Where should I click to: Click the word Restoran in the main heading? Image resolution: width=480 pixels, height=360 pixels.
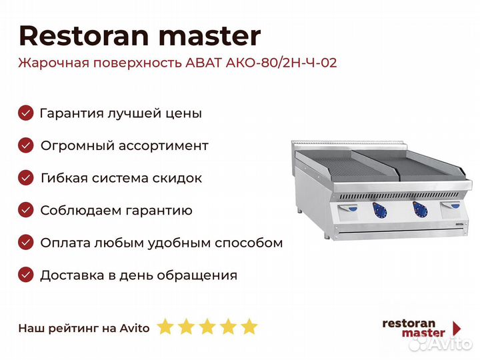tap(84, 36)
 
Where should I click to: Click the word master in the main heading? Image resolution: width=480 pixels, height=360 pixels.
tap(210, 37)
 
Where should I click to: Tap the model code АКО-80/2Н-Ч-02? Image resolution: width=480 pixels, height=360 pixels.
tap(281, 63)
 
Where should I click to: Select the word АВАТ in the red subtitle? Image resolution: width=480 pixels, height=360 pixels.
tap(203, 63)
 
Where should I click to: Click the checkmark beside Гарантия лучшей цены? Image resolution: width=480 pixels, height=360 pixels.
tap(26, 113)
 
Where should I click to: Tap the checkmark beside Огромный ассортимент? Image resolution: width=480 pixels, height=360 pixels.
tap(26, 145)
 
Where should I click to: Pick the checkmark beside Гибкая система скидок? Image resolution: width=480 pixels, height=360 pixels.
tap(26, 178)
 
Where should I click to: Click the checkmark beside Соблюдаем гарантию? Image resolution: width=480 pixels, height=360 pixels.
tap(26, 210)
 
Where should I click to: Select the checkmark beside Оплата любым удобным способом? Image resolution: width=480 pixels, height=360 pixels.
tap(26, 243)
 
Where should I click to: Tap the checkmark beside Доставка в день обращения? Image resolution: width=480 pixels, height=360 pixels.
tap(26, 275)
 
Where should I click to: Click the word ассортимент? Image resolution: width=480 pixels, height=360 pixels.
tap(163, 146)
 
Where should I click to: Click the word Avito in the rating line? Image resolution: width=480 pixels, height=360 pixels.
tap(135, 328)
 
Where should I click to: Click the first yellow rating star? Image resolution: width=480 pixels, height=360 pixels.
tap(165, 327)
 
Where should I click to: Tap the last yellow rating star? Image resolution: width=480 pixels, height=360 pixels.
tap(249, 327)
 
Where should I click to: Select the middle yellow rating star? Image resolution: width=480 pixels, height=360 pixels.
tap(207, 327)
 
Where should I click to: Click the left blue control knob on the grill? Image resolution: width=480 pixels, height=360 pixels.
tap(380, 211)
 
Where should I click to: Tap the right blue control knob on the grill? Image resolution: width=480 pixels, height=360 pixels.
tap(420, 210)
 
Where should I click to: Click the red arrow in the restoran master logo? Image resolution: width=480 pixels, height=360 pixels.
tap(457, 328)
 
